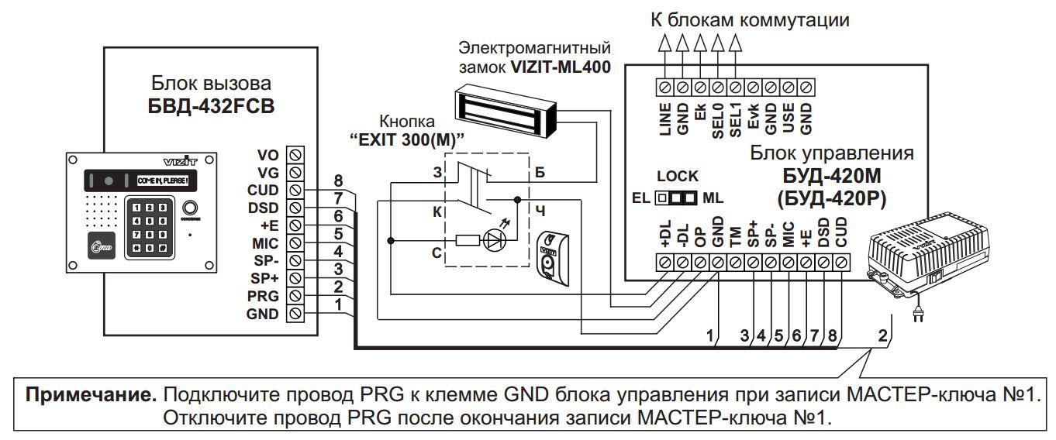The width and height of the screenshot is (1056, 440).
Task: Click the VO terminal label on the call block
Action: click(268, 153)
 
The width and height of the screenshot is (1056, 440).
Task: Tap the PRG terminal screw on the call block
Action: click(295, 296)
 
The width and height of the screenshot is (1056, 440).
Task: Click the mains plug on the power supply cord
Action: click(921, 315)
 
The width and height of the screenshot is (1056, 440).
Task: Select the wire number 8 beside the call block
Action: click(338, 180)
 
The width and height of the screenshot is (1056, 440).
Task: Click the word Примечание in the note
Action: click(84, 394)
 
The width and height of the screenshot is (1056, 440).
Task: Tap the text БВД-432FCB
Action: click(211, 106)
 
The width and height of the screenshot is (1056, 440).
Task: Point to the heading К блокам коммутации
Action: click(750, 20)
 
